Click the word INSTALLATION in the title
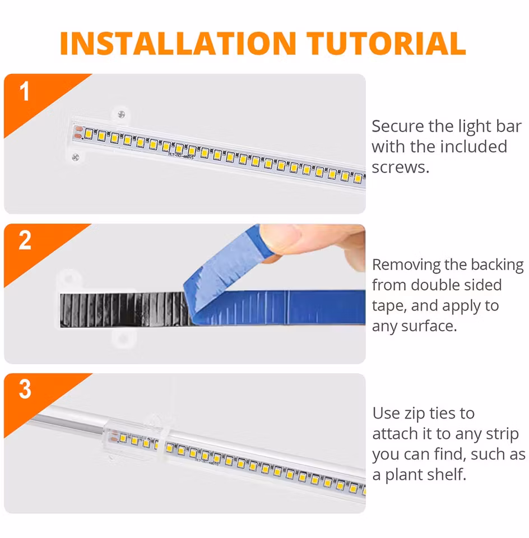(x=178, y=44)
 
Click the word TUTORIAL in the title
(x=387, y=44)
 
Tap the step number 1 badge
(x=25, y=92)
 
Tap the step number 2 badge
(x=25, y=241)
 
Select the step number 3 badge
(x=25, y=389)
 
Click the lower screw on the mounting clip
(x=76, y=157)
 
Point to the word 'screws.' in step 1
(x=400, y=167)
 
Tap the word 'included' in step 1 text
(x=474, y=147)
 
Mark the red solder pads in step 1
(x=78, y=132)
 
